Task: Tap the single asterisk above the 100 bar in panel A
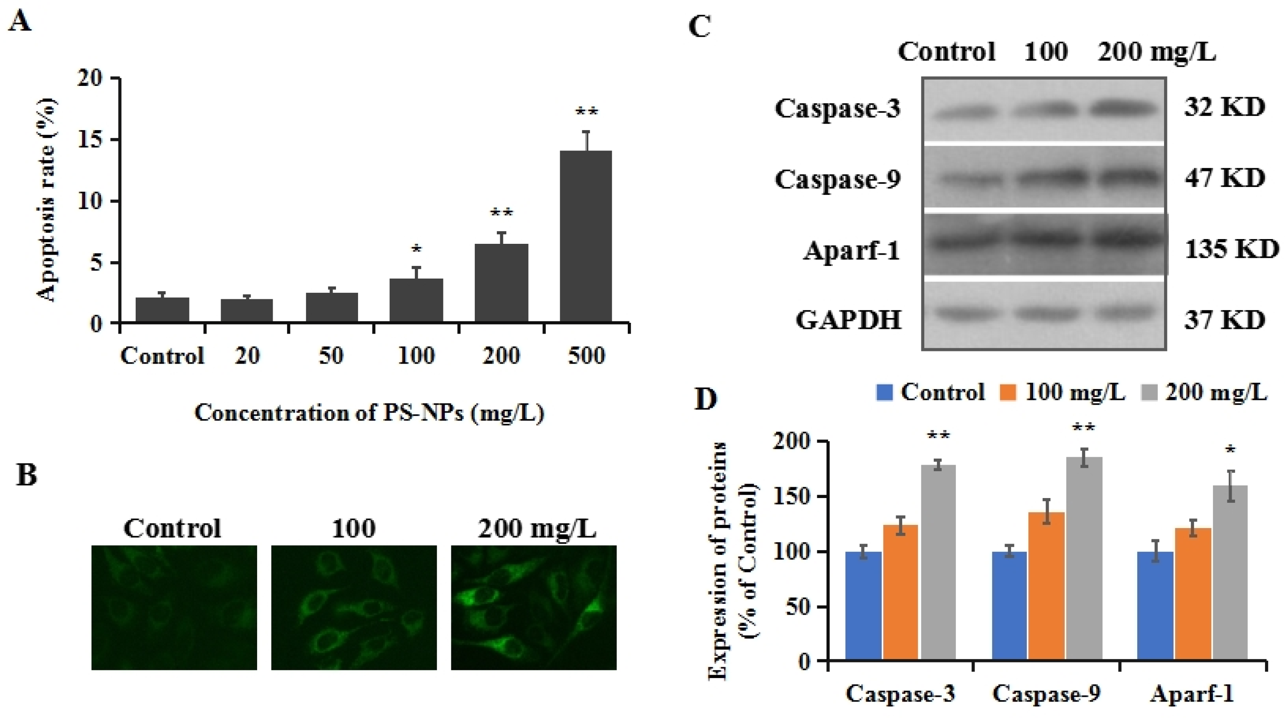(417, 249)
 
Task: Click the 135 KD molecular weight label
(1230, 249)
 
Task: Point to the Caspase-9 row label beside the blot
(838, 180)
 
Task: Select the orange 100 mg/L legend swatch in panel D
(1008, 393)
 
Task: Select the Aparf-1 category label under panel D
(1192, 694)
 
